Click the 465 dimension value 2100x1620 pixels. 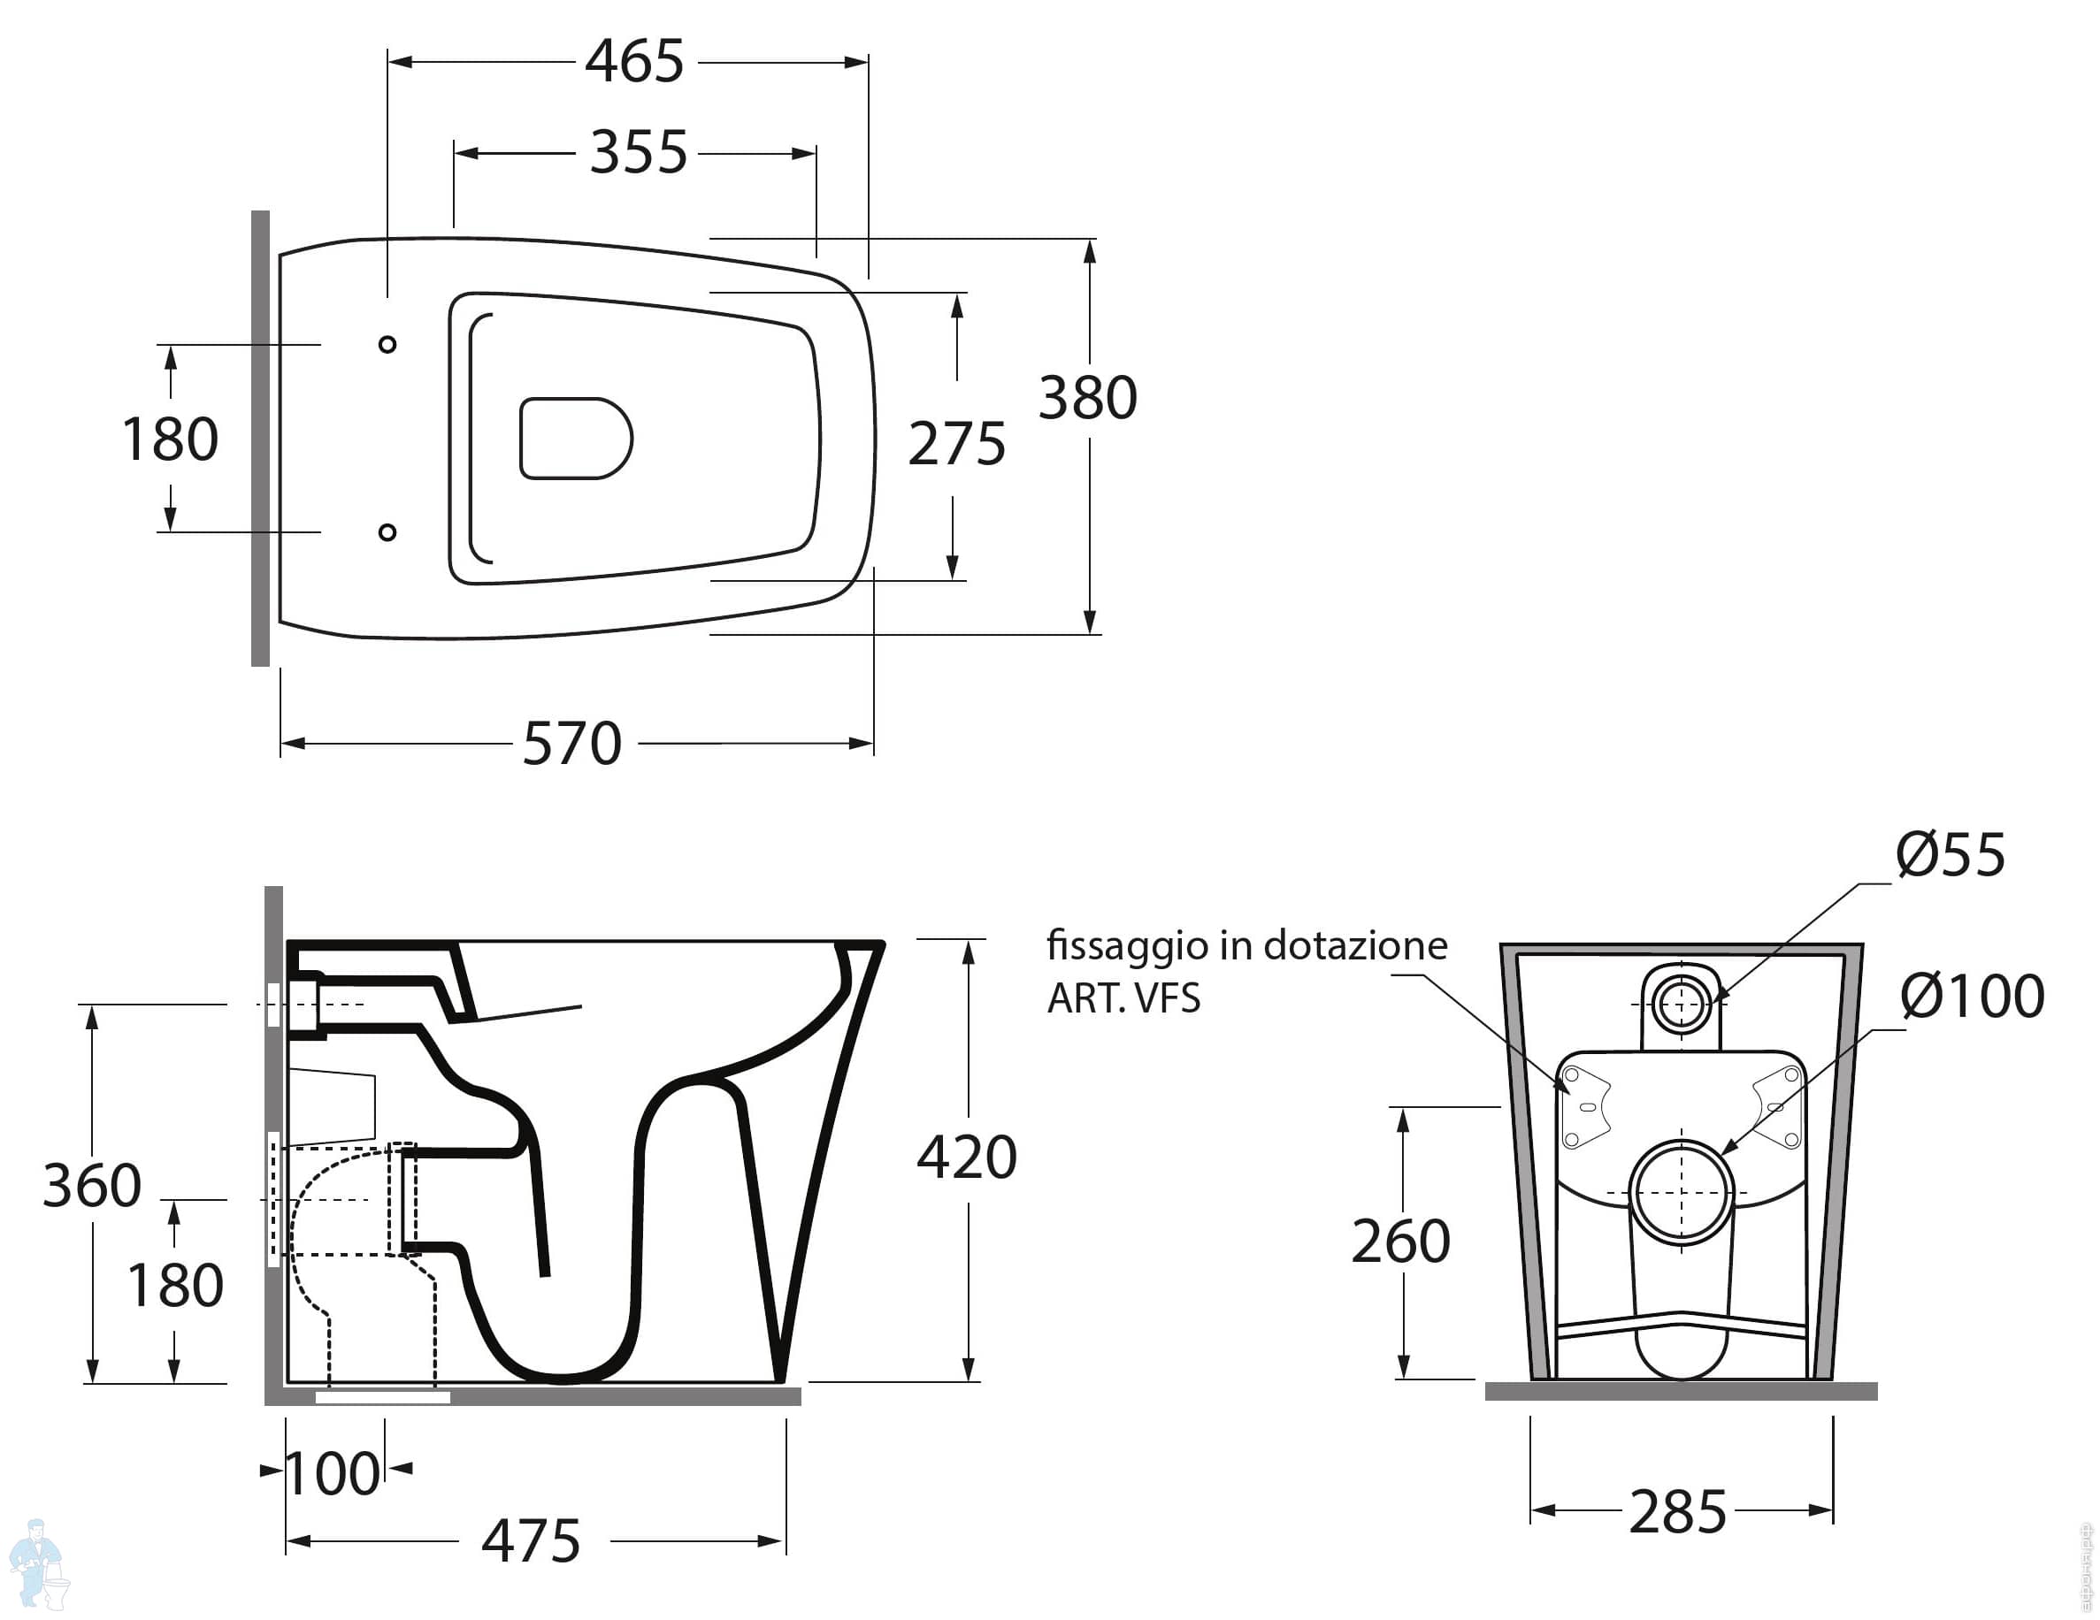pos(634,62)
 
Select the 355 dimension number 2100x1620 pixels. pos(639,152)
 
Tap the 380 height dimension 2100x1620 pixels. pos(1087,397)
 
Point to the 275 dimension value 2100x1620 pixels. pos(957,443)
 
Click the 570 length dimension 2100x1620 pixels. pos(572,743)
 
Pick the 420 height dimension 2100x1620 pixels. pos(966,1157)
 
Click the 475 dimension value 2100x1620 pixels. pos(531,1541)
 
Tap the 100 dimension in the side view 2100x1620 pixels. pos(333,1473)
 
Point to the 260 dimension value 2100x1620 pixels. pos(1401,1242)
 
